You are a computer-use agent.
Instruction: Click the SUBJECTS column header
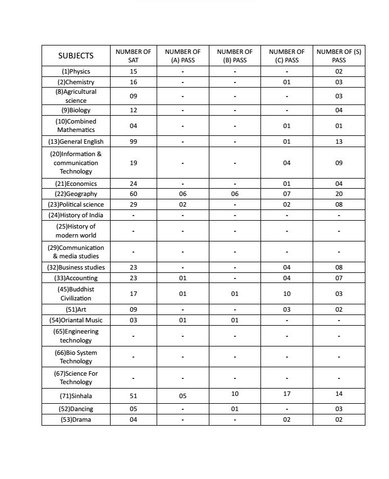point(76,56)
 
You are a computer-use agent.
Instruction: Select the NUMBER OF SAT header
point(133,56)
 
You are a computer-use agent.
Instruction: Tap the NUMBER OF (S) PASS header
point(338,56)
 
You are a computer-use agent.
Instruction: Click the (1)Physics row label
point(76,71)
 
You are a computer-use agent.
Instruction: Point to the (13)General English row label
point(76,142)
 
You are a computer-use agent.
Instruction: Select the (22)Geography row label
point(76,194)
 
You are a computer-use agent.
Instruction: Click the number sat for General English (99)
point(133,142)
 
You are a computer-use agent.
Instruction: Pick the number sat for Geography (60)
point(133,194)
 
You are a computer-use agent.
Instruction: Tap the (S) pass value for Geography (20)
point(338,194)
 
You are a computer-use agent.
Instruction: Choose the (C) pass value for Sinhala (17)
point(286,394)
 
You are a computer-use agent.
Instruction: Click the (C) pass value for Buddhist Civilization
point(286,294)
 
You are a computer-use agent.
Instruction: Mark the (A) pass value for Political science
point(182,204)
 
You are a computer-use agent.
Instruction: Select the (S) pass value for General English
point(338,142)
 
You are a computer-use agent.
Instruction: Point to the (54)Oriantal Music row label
point(76,320)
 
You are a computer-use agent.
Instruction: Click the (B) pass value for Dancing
point(235,409)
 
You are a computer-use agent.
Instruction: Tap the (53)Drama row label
point(76,420)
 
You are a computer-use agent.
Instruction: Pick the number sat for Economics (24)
point(133,184)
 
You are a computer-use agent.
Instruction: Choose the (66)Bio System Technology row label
point(76,357)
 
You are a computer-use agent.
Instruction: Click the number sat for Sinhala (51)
point(133,396)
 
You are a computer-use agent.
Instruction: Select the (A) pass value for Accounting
point(182,278)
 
